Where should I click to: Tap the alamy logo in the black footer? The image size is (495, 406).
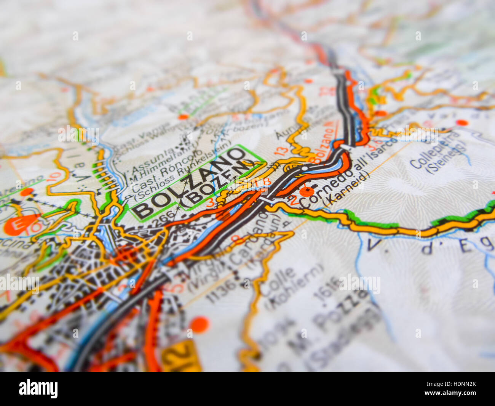(38, 389)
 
